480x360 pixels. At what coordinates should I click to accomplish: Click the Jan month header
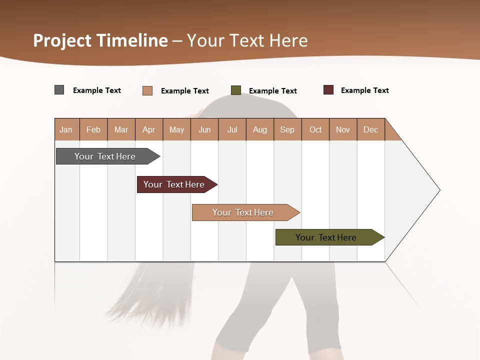pos(66,129)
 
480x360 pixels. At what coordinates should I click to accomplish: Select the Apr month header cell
pos(149,129)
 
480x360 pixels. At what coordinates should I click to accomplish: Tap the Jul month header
pos(232,129)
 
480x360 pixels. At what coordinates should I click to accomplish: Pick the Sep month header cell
pos(287,129)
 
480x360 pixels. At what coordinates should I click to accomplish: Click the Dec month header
pos(371,129)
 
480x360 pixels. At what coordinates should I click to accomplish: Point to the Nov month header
pos(343,129)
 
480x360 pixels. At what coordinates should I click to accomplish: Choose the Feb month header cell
pos(93,129)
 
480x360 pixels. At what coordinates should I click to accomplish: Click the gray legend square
pos(59,90)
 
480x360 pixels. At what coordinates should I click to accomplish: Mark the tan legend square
pos(147,90)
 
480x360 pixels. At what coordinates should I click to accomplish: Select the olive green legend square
pos(236,90)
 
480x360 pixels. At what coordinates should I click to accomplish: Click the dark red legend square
pos(328,90)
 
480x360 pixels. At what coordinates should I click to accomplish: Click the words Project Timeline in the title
pos(100,40)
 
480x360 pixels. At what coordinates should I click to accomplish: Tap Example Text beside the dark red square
pos(364,90)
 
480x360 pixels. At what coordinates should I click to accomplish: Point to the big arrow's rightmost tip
pos(439,190)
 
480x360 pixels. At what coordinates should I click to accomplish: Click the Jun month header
pos(204,129)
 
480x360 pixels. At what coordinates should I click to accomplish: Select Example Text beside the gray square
pos(96,90)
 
